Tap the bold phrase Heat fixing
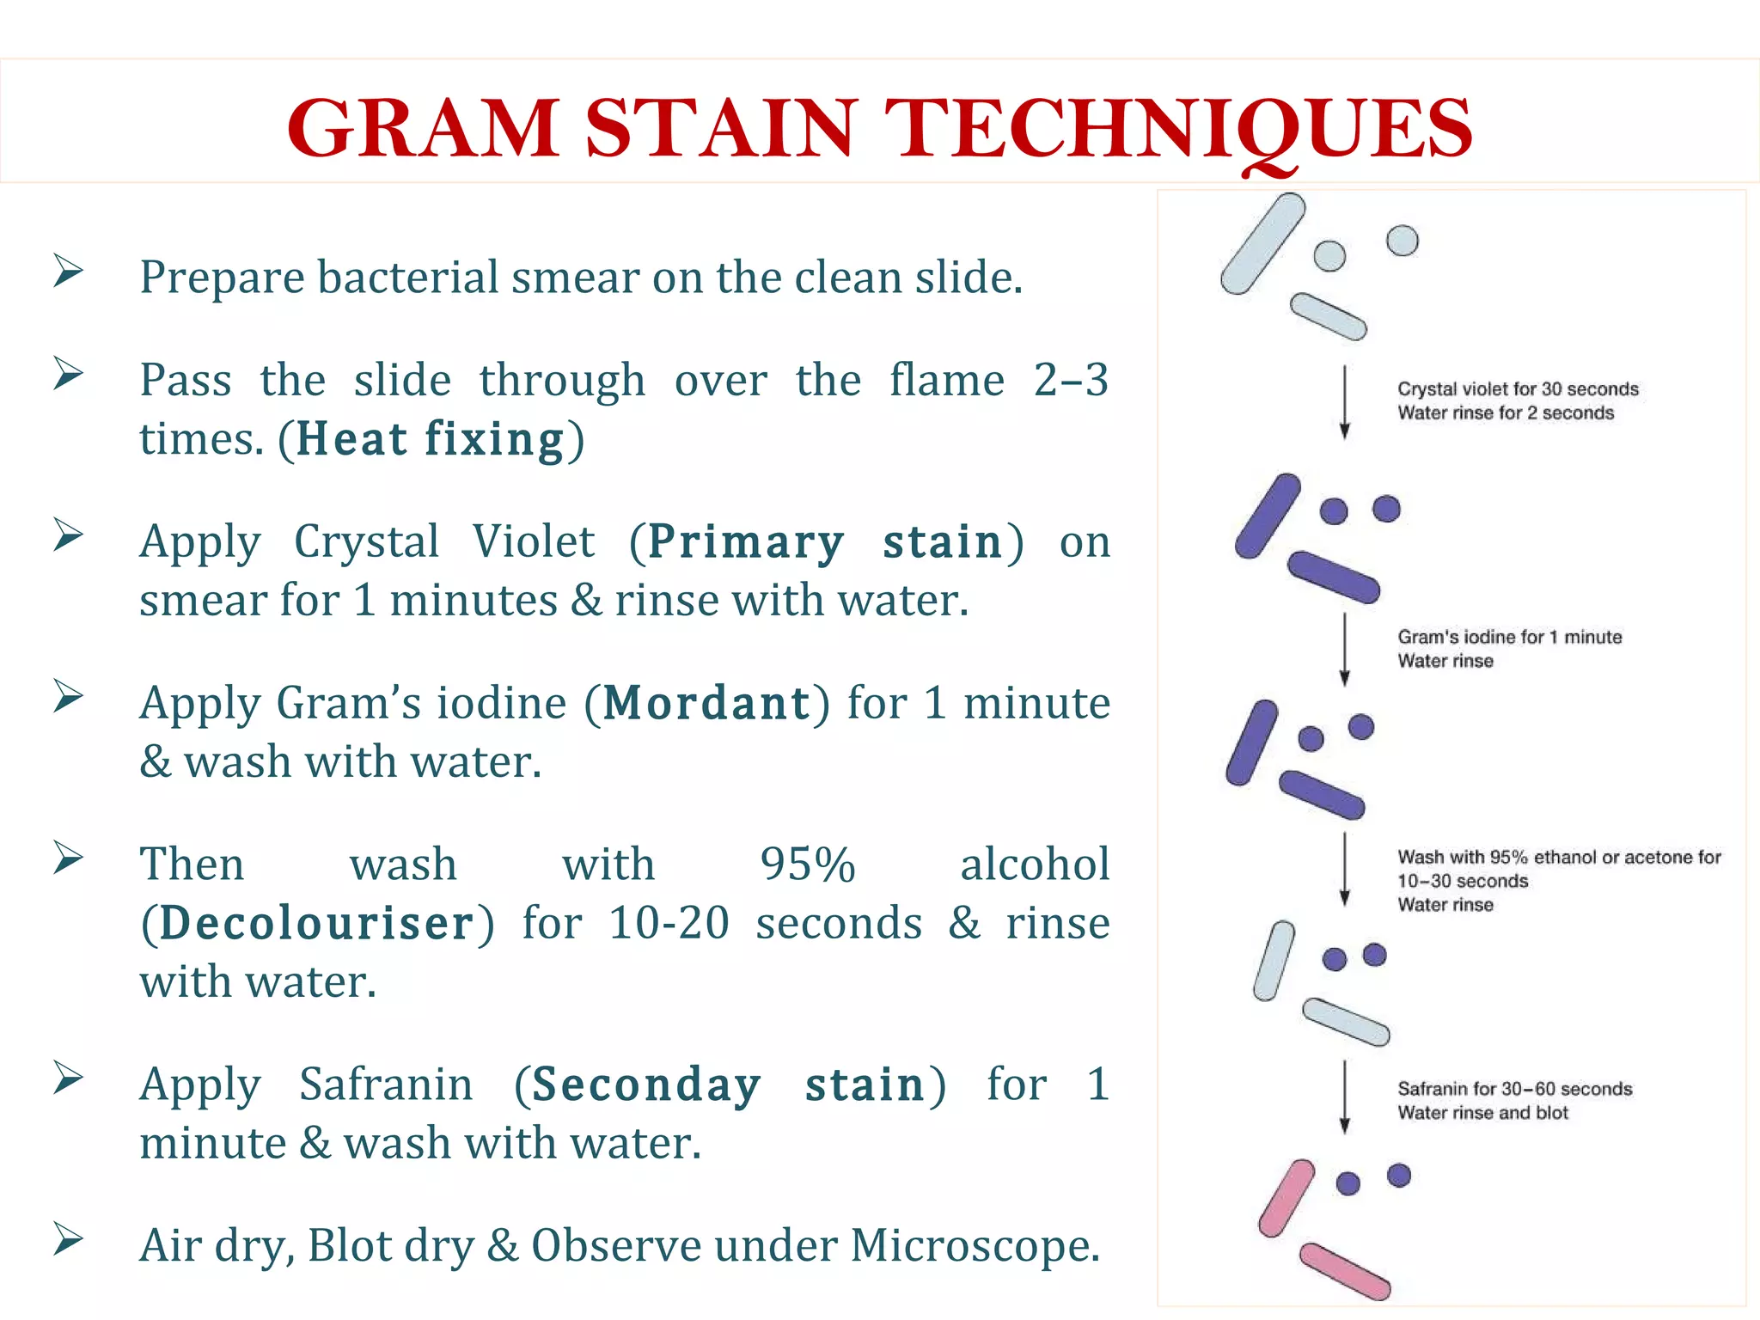(x=431, y=439)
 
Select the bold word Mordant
(x=706, y=704)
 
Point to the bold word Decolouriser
(x=317, y=924)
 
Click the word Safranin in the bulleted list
(x=386, y=1085)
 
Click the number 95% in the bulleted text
(x=808, y=865)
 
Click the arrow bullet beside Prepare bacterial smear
(x=68, y=271)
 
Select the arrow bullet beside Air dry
(x=68, y=1239)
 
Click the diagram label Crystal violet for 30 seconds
(x=1518, y=389)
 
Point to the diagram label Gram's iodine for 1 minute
(x=1509, y=637)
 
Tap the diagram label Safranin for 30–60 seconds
(x=1514, y=1089)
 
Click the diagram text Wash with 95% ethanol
(x=1559, y=857)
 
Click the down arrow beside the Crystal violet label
(x=1345, y=402)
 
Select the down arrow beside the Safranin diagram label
(x=1345, y=1097)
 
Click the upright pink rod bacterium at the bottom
(x=1286, y=1198)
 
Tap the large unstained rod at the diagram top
(x=1262, y=244)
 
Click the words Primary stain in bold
(x=825, y=542)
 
